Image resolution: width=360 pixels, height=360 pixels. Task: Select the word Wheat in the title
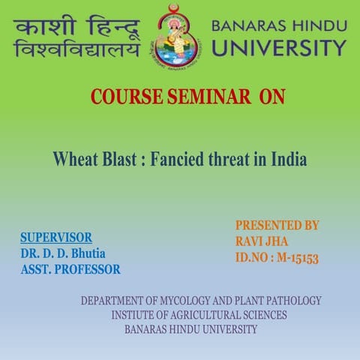point(73,160)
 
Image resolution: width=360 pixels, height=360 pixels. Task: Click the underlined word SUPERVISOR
point(56,238)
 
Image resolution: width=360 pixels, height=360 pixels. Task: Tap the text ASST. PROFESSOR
point(70,269)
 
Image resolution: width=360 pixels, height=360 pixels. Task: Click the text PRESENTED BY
point(277,225)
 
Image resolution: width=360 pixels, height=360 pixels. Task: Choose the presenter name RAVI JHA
point(261,241)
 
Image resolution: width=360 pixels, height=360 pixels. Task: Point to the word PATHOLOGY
point(289,301)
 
